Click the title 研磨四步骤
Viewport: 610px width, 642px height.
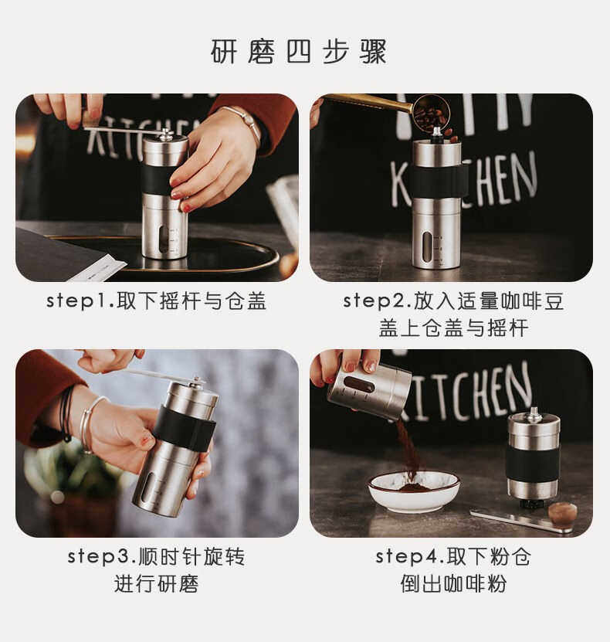299,52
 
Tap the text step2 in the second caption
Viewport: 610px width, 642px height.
375,301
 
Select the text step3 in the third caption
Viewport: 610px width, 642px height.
100,557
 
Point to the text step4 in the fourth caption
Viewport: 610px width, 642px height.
408,557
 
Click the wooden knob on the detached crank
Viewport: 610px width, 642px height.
563,514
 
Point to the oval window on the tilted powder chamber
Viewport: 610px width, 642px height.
359,385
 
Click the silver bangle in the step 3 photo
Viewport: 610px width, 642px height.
88,425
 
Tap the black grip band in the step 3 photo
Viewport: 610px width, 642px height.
184,428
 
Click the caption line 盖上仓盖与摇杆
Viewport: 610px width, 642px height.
453,328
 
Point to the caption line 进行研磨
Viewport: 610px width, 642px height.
156,584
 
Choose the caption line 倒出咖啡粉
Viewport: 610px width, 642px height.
453,584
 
